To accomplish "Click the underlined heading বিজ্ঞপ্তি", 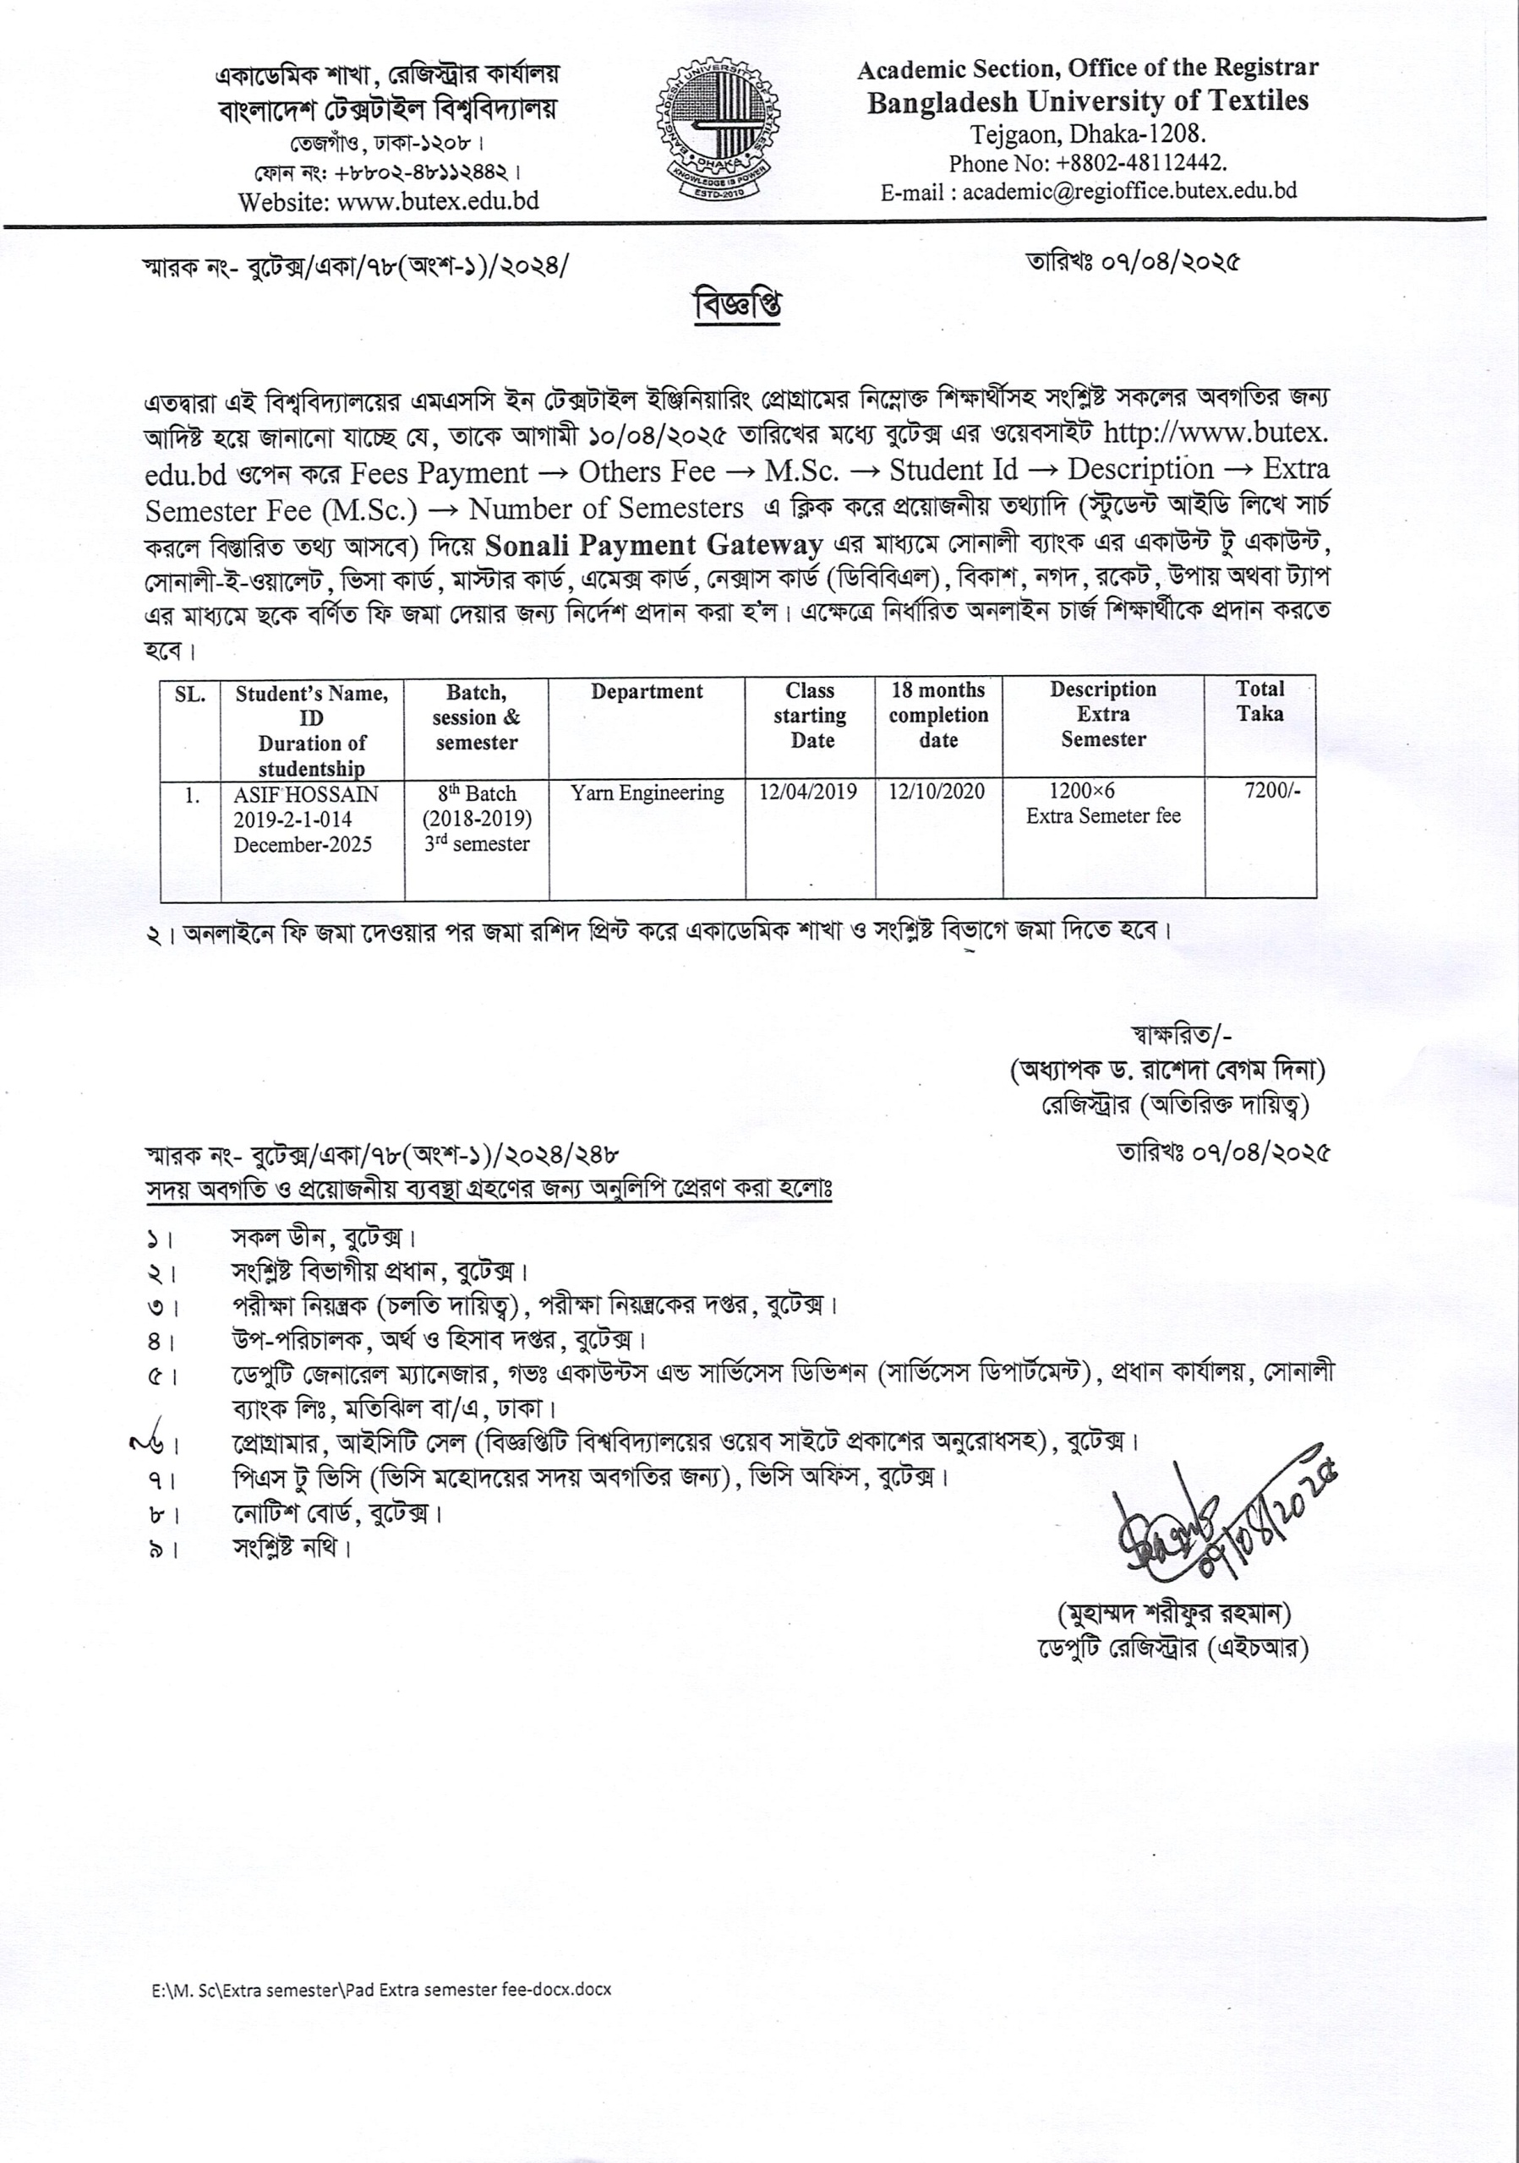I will point(739,305).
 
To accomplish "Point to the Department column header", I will point(647,691).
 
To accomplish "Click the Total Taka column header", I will point(1259,701).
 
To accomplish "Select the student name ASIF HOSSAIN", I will point(305,794).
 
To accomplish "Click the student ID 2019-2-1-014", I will point(292,820).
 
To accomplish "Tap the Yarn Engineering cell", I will point(647,793).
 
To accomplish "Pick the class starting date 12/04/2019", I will point(807,792).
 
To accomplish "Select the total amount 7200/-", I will point(1272,790).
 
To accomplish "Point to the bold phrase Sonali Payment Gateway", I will point(654,546).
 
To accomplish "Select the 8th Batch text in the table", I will point(477,793).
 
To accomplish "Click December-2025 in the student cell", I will point(303,845).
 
